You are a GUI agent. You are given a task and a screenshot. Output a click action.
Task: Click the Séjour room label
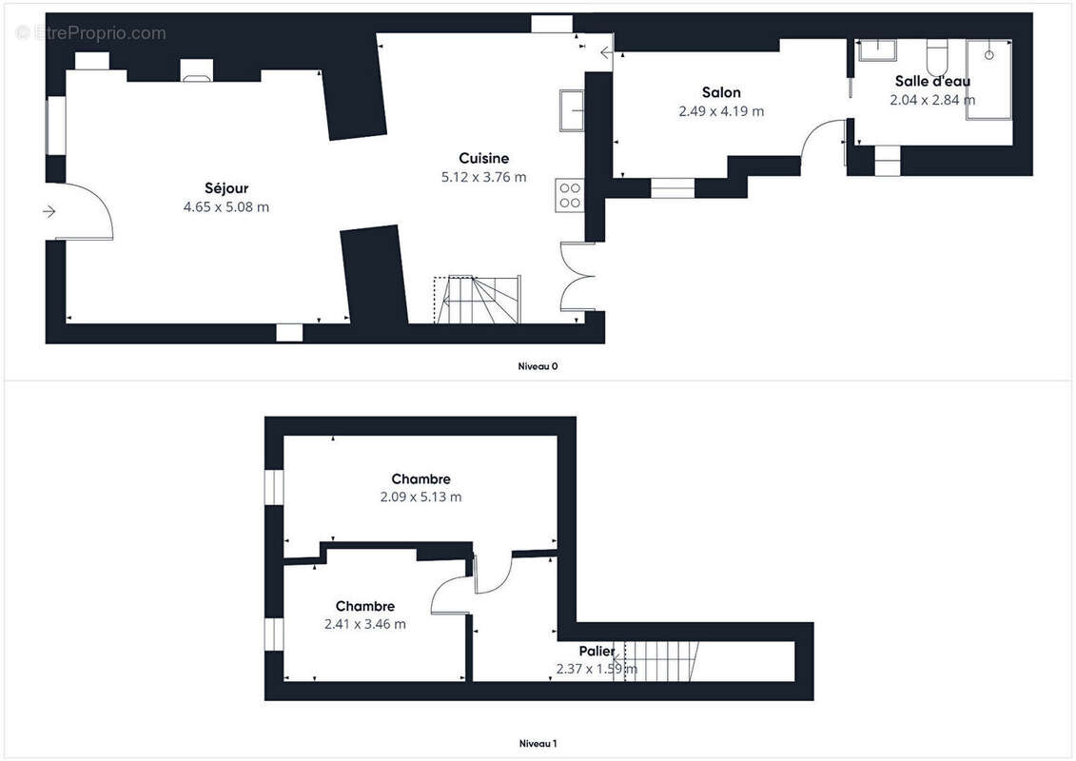tap(226, 188)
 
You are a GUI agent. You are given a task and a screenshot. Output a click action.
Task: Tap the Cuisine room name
tap(484, 158)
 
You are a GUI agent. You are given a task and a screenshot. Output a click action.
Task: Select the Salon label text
tap(721, 92)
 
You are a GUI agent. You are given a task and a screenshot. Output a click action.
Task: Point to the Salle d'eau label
tap(932, 81)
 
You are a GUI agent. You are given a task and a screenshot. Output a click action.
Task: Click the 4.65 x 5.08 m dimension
tap(226, 206)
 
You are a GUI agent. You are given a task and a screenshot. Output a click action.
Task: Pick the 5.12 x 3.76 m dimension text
tap(484, 176)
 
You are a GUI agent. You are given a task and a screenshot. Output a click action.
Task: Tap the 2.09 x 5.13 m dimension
tap(421, 497)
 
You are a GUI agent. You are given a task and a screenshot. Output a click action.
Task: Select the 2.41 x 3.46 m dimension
tap(365, 624)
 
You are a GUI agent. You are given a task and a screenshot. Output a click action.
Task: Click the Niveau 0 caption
tap(538, 366)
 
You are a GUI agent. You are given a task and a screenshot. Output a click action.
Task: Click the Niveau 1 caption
tap(538, 743)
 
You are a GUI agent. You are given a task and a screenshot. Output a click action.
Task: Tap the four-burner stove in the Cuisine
tap(570, 195)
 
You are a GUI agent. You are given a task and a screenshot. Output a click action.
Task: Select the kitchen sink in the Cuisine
tap(571, 109)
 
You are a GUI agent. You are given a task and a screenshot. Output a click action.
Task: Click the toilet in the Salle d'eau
tap(937, 57)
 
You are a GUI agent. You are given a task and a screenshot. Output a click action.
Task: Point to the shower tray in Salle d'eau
tap(988, 80)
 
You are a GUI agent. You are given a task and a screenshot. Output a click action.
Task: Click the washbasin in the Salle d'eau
tap(878, 50)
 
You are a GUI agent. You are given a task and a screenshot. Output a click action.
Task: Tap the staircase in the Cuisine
tap(478, 300)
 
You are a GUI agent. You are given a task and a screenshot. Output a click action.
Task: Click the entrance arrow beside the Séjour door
tap(49, 211)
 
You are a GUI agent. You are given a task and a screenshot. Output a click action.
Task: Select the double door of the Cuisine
tap(577, 277)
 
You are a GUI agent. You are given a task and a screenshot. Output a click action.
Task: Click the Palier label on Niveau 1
tap(597, 651)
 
